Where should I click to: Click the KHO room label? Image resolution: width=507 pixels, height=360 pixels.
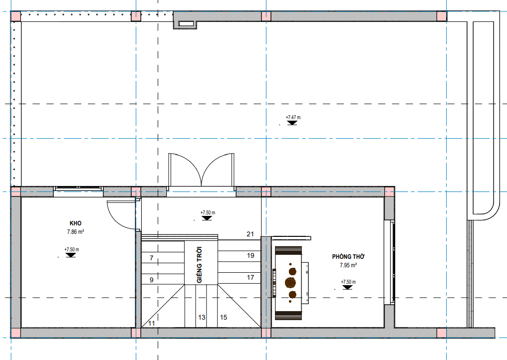(x=75, y=223)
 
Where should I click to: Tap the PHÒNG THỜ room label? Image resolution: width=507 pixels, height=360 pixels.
(x=348, y=257)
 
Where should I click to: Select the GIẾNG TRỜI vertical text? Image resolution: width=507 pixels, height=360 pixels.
(x=199, y=265)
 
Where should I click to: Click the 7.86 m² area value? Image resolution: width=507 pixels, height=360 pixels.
(x=76, y=232)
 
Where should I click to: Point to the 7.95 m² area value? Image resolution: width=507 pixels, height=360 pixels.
(x=348, y=265)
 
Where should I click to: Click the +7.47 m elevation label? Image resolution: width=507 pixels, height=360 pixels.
(x=293, y=117)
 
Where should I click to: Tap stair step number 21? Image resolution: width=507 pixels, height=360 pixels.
(x=251, y=234)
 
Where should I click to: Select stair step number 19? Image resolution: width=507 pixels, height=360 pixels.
(x=251, y=256)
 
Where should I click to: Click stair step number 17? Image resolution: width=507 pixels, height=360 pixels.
(x=251, y=277)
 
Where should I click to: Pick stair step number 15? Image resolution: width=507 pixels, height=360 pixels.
(x=224, y=317)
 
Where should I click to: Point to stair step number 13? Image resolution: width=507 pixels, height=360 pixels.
(x=202, y=317)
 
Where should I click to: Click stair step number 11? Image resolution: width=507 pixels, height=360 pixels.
(x=152, y=323)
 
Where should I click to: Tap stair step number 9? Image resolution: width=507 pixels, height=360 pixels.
(x=152, y=280)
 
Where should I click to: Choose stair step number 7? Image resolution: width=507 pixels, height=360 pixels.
(x=152, y=258)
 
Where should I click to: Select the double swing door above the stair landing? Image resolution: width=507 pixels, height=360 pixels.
(x=201, y=171)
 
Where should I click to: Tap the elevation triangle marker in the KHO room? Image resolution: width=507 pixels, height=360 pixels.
(x=70, y=255)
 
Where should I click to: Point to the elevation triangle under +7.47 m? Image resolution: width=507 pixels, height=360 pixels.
(x=292, y=123)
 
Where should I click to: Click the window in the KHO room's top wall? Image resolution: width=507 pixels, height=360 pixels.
(x=78, y=191)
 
